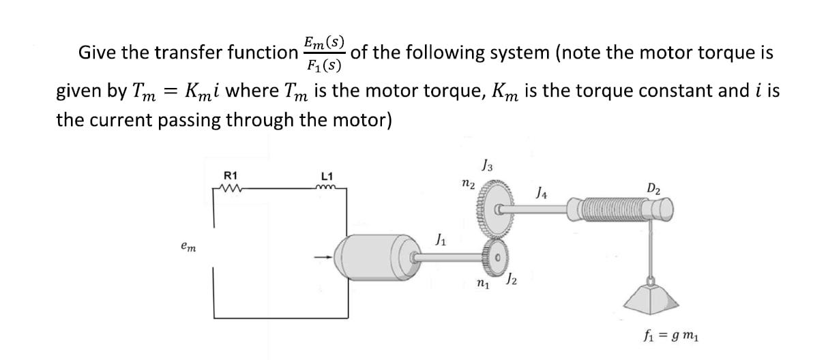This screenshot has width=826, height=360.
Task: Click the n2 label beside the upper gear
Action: [x=467, y=183]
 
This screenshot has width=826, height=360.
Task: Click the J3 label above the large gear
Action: [x=487, y=164]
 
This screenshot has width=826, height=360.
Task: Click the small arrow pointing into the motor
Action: [x=324, y=257]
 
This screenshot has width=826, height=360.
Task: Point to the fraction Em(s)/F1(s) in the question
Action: [x=324, y=54]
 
